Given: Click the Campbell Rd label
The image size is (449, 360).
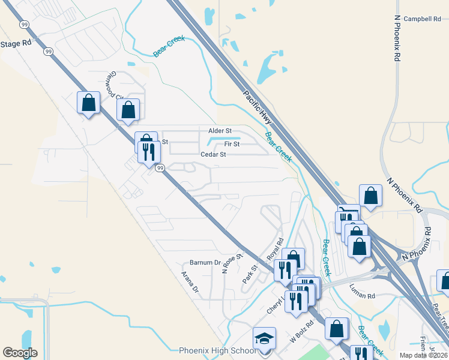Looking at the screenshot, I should point(422,19).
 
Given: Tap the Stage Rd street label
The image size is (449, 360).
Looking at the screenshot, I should point(16,44).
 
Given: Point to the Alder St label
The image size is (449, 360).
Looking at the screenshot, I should point(220,131).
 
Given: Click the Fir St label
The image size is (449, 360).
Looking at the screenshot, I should point(232,144).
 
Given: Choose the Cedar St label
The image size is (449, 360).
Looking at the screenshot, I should point(213,154).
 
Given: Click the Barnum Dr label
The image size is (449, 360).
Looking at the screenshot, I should point(205,262).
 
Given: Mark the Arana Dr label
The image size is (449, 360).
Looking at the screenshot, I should point(190,281).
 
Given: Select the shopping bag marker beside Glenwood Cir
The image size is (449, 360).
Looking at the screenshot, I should point(128,110).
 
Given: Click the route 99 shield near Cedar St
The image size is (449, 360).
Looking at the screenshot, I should point(160,169).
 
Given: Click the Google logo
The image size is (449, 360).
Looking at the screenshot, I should point(20,353).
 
